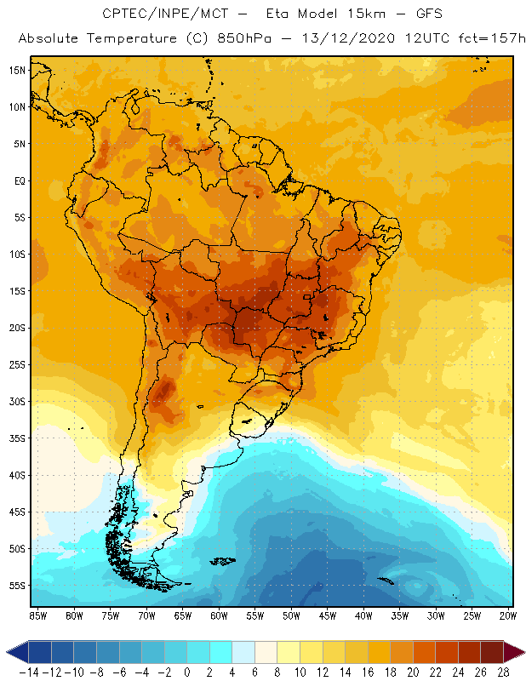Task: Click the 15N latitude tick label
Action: click(x=16, y=70)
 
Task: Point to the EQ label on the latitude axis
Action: click(x=18, y=180)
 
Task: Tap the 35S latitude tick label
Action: click(x=16, y=438)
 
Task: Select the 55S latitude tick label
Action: click(x=16, y=586)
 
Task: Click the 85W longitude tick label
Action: click(x=37, y=615)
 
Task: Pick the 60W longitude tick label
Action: click(x=219, y=615)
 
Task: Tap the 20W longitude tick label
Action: click(x=508, y=615)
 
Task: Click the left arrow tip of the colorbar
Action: click(x=8, y=652)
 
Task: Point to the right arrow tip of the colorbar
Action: click(x=522, y=652)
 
